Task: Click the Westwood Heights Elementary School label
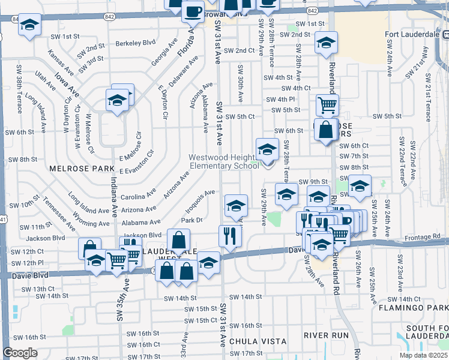tap(224, 162)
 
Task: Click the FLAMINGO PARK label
tap(413, 308)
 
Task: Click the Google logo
tap(20, 353)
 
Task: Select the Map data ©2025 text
tap(423, 355)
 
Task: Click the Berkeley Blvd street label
tap(136, 43)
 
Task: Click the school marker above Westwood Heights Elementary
tap(267, 149)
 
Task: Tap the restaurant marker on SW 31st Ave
tap(230, 235)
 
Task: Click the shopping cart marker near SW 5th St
tap(327, 105)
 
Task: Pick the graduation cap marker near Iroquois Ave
tap(237, 205)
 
